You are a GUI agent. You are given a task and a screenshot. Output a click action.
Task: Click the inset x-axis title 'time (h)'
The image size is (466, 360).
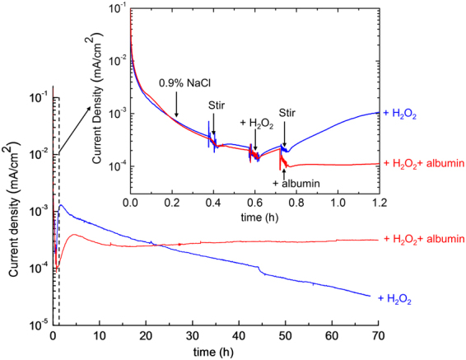pyautogui.click(x=254, y=217)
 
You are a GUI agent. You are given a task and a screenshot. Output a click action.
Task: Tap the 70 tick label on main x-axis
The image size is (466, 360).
pyautogui.click(x=379, y=337)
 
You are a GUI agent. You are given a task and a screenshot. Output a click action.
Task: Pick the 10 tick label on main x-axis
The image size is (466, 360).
pyautogui.click(x=100, y=337)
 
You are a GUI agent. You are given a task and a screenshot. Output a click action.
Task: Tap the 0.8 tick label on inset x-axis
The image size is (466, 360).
pyautogui.click(x=296, y=203)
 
